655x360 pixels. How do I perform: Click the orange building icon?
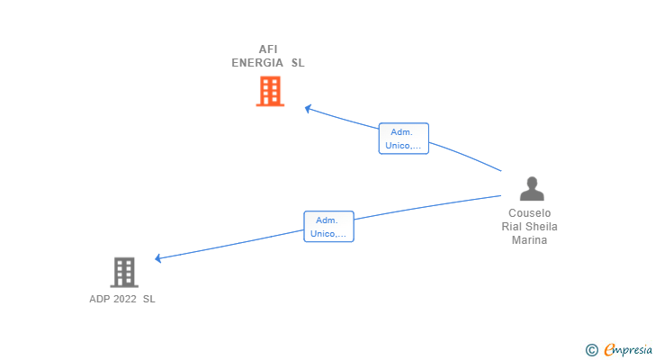click(270, 91)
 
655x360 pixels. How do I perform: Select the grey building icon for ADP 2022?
click(124, 273)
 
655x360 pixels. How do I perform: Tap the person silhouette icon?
click(532, 188)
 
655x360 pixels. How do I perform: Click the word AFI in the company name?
click(268, 49)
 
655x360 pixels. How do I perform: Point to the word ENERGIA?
click(257, 63)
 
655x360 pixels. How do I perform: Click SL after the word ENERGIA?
click(298, 63)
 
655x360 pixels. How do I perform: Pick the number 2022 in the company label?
click(125, 299)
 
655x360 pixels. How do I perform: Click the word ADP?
click(99, 299)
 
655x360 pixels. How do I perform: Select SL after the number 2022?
click(148, 299)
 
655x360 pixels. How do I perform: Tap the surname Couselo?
click(529, 213)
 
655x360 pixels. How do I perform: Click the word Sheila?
click(543, 227)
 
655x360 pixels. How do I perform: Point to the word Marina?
click(529, 240)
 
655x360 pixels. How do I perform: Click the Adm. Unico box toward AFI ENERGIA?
click(403, 139)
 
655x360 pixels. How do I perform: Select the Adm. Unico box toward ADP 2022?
click(328, 227)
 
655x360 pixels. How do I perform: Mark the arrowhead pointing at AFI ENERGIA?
click(309, 109)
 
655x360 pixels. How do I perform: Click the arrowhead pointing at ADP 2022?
click(158, 258)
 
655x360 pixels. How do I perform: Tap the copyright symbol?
click(592, 350)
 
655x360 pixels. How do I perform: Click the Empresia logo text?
click(628, 350)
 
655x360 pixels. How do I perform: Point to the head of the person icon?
click(532, 182)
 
